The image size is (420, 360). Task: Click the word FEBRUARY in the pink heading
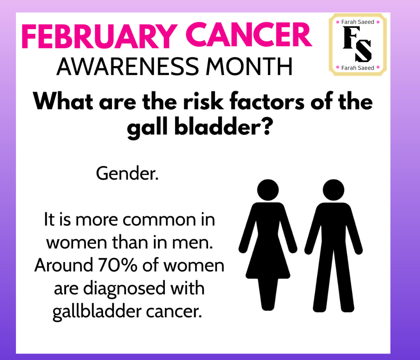(x=99, y=36)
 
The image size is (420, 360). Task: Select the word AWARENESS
(x=127, y=67)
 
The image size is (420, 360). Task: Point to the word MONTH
(x=249, y=67)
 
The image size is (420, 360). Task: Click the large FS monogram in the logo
(x=357, y=45)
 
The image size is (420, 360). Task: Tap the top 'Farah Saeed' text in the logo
(x=357, y=22)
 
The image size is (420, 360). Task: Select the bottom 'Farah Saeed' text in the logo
(x=357, y=68)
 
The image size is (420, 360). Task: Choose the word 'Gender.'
(x=127, y=174)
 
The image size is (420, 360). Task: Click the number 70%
(x=118, y=265)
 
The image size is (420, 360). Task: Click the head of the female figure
(x=268, y=190)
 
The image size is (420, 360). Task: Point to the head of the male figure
(x=334, y=190)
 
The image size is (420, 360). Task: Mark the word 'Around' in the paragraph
(x=63, y=265)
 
